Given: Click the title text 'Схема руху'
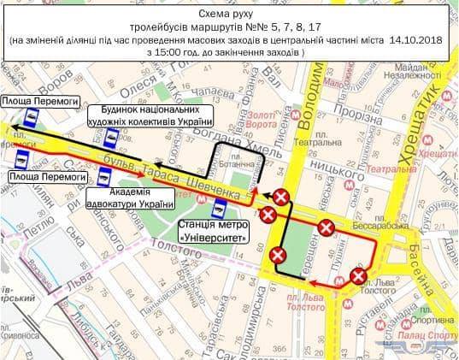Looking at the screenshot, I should click(x=229, y=12).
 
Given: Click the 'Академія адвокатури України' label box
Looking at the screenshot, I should click(x=131, y=198).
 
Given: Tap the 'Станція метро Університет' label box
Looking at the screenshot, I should click(x=211, y=229).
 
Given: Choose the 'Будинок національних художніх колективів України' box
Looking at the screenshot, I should click(x=150, y=115).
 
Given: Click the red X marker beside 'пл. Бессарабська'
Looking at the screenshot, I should click(x=327, y=227).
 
